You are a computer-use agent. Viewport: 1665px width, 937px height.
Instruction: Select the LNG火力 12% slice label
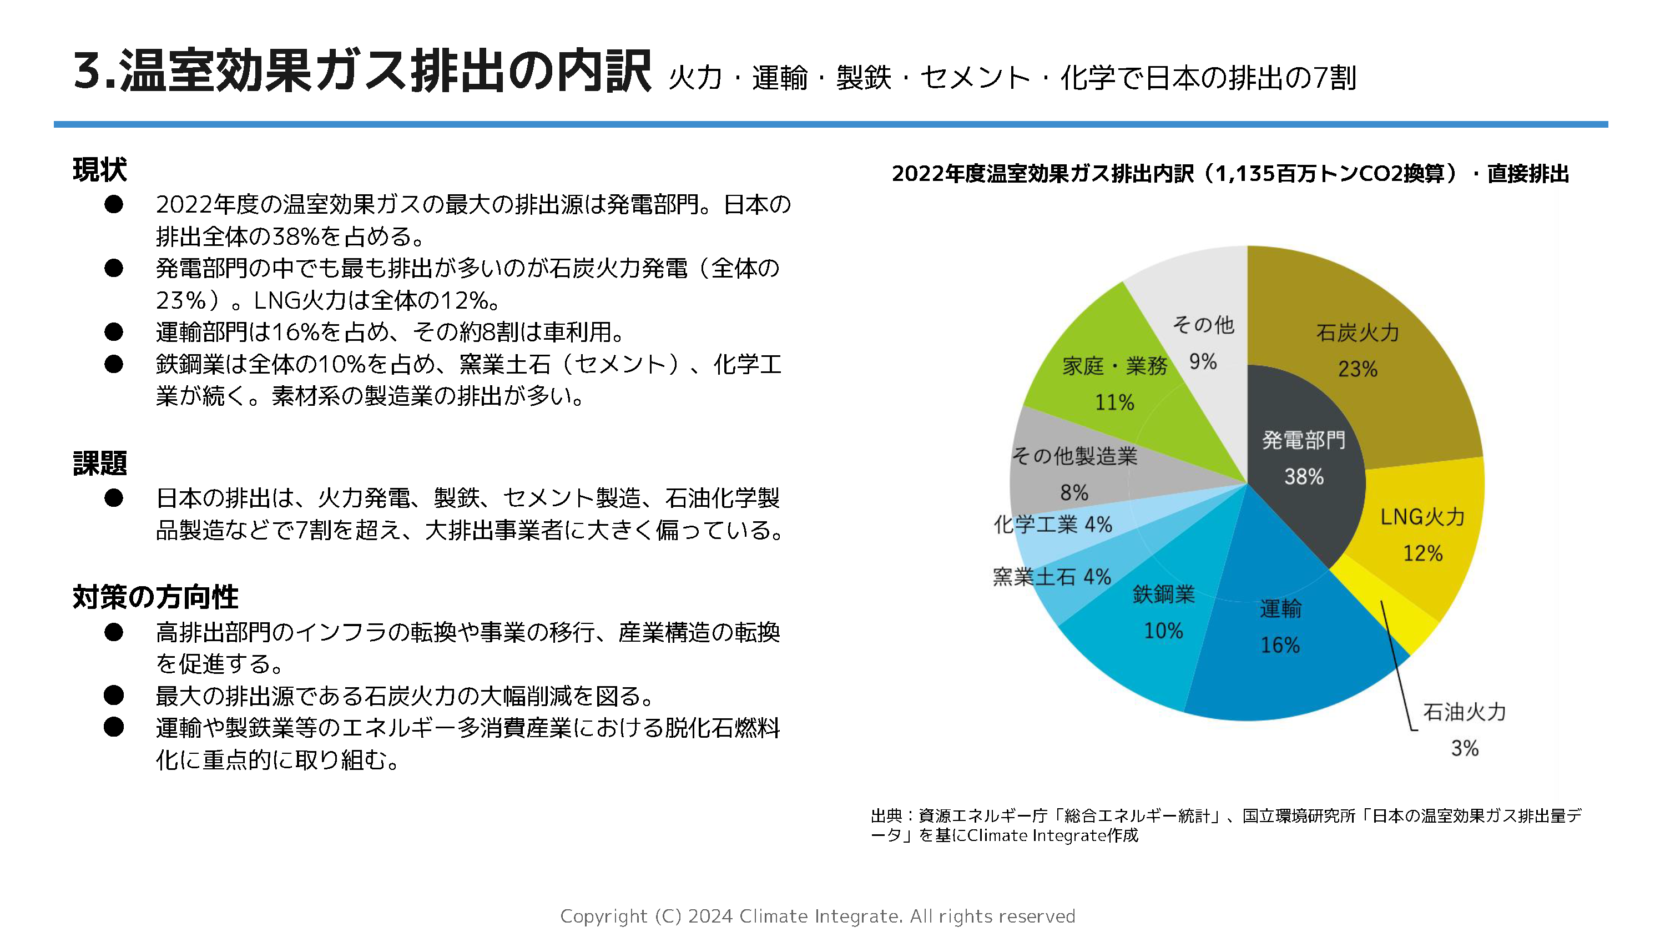(1422, 534)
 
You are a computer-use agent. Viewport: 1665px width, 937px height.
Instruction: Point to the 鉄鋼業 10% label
(1163, 612)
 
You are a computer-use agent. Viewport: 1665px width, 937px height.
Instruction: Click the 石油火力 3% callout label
(1464, 729)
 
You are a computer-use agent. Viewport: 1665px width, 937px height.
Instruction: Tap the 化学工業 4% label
(1052, 525)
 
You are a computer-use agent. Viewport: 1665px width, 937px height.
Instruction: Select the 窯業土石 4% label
(1052, 576)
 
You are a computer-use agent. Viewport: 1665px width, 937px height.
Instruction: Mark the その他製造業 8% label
(1074, 473)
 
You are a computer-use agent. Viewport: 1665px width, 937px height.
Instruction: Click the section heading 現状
(99, 170)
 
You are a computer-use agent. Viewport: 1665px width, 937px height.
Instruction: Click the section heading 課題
(99, 463)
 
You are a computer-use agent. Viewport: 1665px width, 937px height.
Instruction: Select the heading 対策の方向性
(155, 596)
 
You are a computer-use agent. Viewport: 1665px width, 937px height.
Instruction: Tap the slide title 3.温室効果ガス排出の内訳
(362, 71)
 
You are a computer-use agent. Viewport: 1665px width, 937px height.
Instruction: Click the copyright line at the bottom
(817, 916)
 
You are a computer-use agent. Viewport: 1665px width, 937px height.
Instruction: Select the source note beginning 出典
(1225, 825)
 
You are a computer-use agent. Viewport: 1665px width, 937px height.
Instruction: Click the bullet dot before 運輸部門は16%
(114, 332)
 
